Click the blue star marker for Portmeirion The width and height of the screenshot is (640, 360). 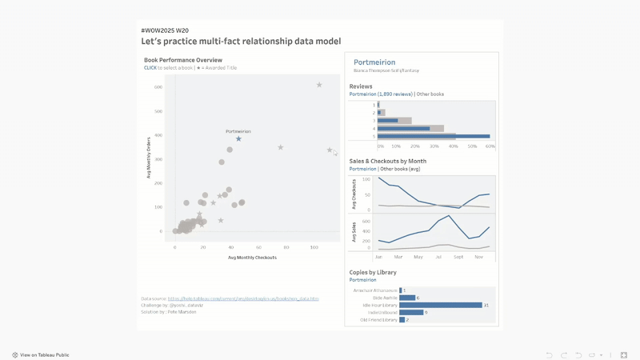tap(238, 139)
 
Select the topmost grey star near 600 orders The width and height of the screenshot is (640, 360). tap(319, 85)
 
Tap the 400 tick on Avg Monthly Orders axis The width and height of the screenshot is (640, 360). tap(158, 135)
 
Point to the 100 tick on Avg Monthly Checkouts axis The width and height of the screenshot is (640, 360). tap(314, 247)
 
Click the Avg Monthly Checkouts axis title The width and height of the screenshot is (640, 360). tap(252, 258)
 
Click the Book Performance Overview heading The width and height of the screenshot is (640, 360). tap(182, 60)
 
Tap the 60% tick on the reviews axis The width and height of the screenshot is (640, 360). tap(490, 146)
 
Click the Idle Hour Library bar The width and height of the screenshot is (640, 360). tap(440, 305)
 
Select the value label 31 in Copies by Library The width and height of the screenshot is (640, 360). tap(486, 305)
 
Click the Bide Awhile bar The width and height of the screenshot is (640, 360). tap(406, 298)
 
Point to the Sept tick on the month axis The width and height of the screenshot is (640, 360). tap(458, 257)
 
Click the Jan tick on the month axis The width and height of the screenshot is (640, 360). tap(378, 257)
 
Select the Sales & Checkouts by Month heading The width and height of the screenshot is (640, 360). tap(387, 162)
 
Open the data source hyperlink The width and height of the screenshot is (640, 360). tap(242, 298)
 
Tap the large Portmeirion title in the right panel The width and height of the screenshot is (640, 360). tap(374, 62)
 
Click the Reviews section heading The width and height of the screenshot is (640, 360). tap(361, 86)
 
